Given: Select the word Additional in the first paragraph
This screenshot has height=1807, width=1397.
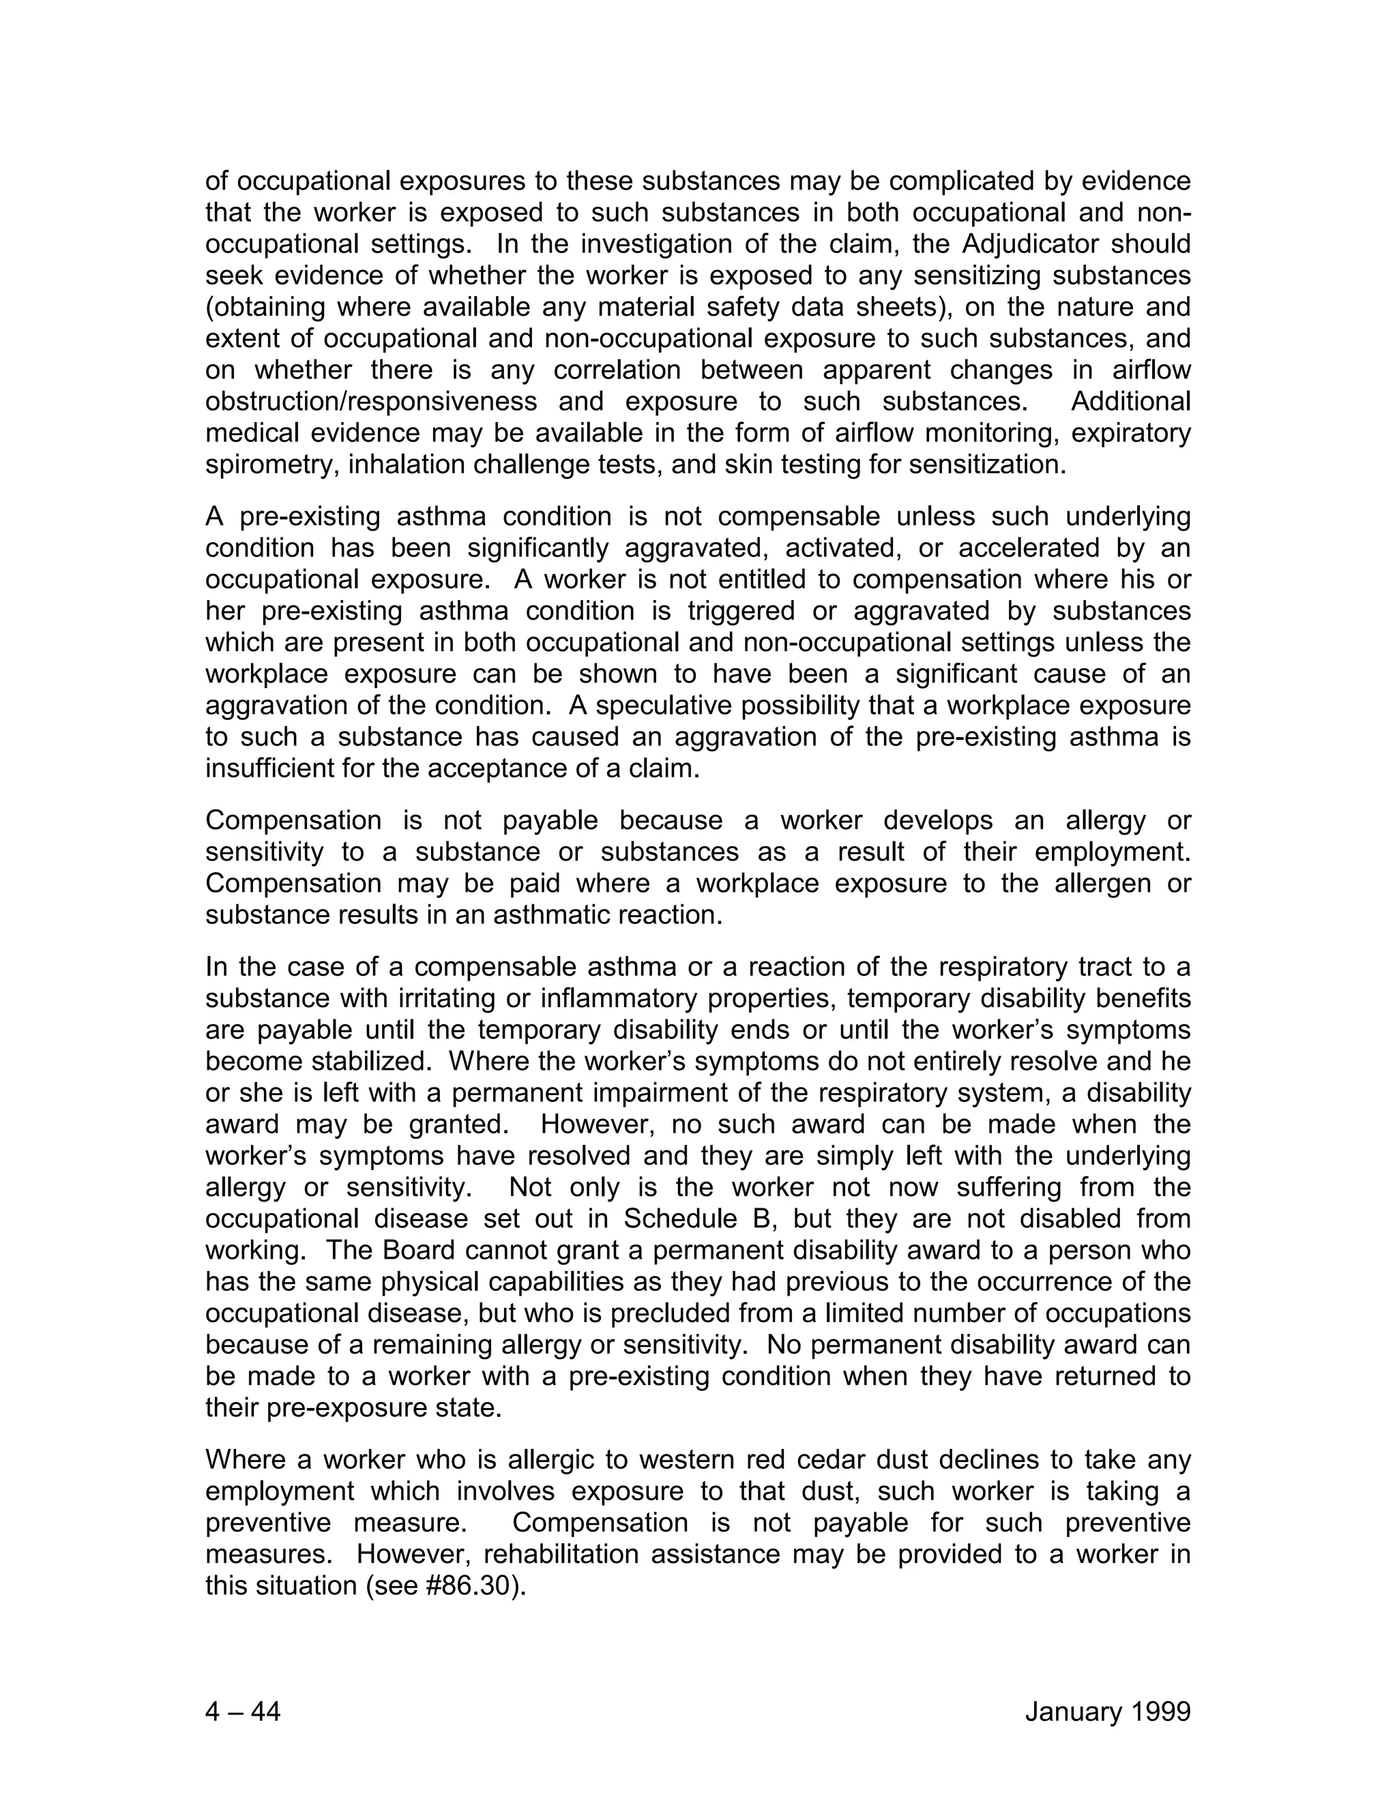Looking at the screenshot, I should pos(1130,401).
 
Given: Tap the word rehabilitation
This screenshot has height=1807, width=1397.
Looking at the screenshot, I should pos(563,1554).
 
